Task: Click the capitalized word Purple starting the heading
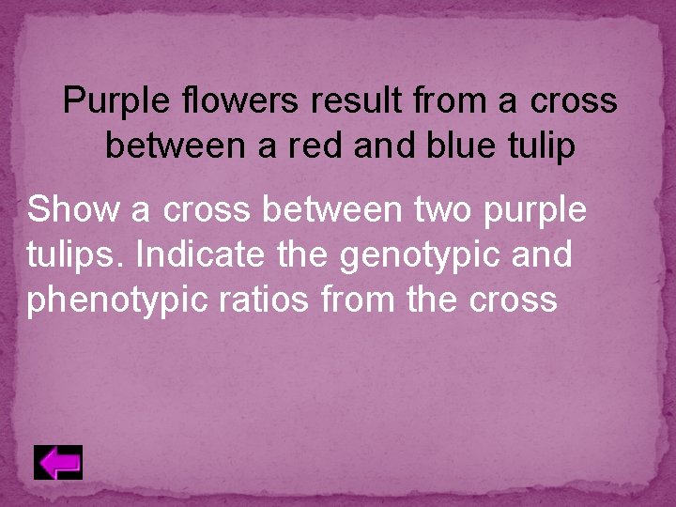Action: [x=105, y=101]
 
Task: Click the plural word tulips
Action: [x=63, y=255]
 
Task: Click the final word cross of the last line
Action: [x=515, y=300]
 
